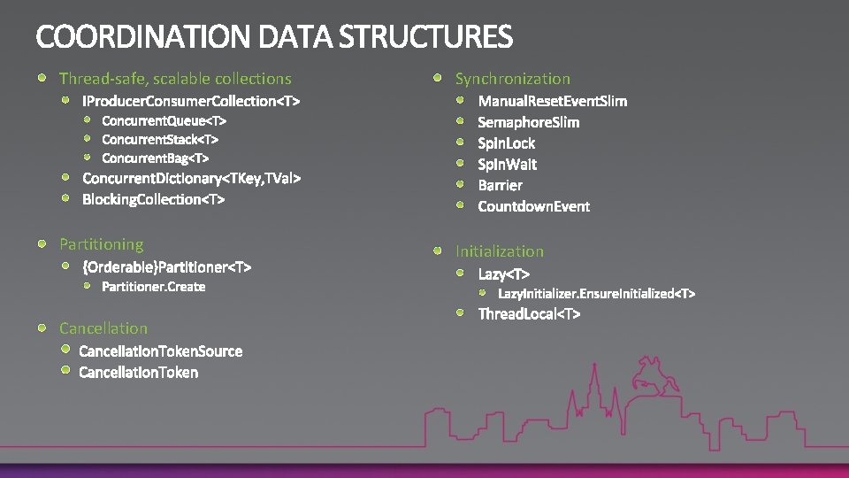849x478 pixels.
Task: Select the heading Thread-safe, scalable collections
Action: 175,79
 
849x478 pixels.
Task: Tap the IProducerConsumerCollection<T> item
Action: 191,101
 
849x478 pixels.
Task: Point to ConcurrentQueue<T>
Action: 164,119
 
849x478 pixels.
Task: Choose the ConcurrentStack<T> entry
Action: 160,139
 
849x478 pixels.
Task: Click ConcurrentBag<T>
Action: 156,158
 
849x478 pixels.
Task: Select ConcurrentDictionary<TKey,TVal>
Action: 192,179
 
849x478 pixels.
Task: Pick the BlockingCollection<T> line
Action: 154,199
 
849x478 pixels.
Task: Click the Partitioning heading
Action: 101,244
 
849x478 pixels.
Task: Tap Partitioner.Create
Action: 154,287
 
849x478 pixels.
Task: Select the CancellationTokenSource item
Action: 160,351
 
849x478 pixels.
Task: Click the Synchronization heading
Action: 513,79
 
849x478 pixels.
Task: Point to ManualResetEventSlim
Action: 553,101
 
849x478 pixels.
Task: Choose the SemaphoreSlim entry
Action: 529,122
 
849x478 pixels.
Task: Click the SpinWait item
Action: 507,164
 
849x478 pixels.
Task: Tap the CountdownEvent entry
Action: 533,206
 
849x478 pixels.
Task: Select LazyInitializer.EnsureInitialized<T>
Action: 597,293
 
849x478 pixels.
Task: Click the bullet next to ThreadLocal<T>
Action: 462,313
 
